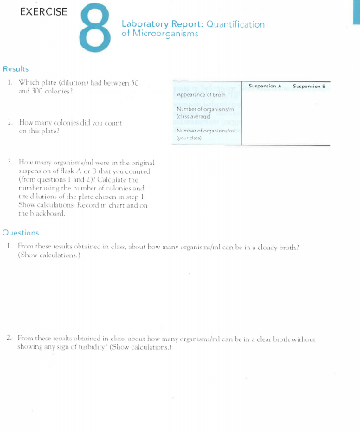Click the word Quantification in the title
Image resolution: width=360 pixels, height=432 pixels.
tap(235, 24)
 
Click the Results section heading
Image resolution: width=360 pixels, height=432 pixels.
tap(16, 68)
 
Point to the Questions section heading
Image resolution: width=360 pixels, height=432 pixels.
tap(21, 233)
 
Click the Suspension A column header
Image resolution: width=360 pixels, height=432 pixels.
tap(265, 85)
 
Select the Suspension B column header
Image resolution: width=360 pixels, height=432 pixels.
tap(310, 85)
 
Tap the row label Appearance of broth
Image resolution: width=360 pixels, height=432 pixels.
tap(201, 94)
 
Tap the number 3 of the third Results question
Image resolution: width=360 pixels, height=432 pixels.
tap(8, 161)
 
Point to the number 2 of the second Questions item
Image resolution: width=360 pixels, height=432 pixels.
tap(8, 339)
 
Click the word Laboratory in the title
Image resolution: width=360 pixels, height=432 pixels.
tap(151, 24)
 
